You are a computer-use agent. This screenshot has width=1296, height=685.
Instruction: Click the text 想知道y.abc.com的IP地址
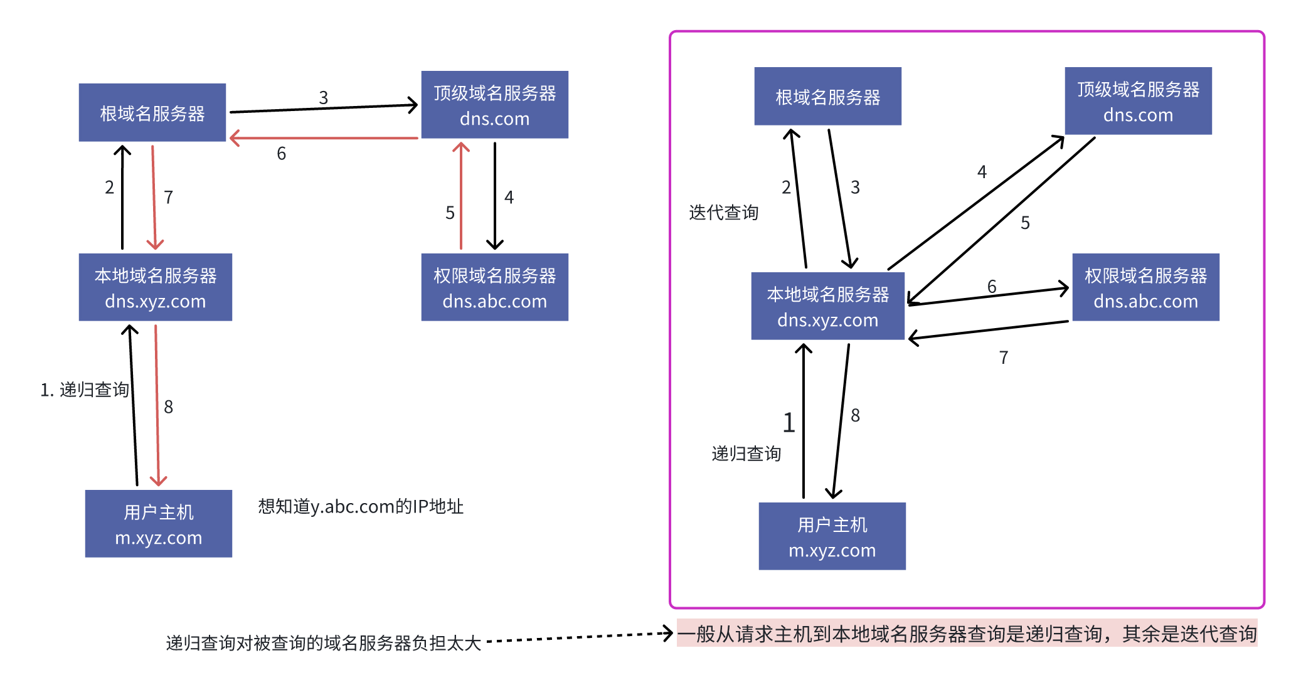361,506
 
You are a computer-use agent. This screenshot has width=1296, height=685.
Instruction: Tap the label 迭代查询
723,213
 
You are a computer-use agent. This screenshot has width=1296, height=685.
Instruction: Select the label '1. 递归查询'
85,390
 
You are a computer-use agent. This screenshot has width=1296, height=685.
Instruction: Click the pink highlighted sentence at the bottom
967,634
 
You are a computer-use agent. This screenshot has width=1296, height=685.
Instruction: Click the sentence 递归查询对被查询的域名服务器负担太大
323,643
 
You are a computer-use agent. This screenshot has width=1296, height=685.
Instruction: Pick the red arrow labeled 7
154,198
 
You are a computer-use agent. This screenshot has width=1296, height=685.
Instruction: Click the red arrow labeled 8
157,405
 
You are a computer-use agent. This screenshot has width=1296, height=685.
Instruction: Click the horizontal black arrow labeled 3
323,109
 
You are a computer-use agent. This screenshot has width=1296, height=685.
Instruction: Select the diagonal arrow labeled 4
975,203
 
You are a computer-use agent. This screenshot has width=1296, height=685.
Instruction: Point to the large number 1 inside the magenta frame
789,423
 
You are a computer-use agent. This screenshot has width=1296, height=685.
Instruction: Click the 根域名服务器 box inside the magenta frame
827,97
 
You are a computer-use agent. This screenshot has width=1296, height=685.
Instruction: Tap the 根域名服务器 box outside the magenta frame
152,113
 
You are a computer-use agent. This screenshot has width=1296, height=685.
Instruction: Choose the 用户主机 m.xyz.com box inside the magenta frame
832,536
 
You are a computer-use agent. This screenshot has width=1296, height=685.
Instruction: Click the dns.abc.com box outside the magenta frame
494,287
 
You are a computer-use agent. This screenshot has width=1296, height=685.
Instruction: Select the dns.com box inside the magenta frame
1138,101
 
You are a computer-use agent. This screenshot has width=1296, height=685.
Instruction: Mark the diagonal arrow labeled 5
1001,220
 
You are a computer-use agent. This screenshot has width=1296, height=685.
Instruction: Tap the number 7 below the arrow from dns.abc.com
1004,358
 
